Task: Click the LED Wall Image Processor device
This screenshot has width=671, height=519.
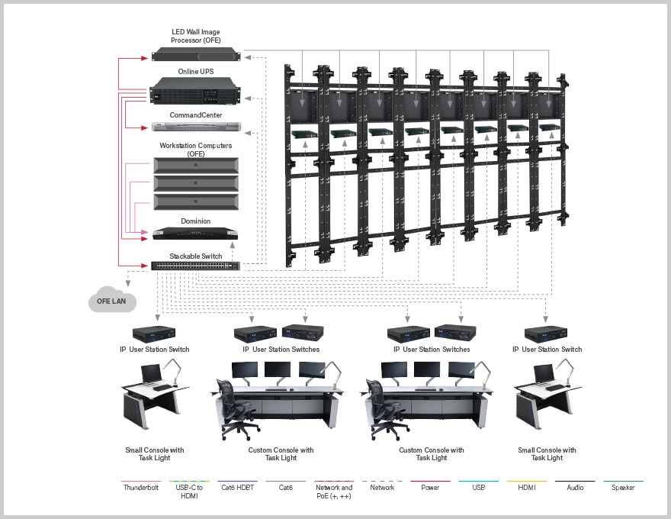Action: coord(196,53)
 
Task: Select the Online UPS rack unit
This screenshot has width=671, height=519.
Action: coord(196,94)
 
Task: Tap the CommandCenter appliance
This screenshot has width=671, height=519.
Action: coord(196,127)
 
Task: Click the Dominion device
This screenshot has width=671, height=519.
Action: coord(196,233)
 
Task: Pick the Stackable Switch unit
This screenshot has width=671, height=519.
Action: coord(196,266)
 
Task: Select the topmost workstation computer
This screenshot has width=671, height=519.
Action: coord(196,165)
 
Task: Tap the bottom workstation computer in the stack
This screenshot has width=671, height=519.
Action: coord(196,202)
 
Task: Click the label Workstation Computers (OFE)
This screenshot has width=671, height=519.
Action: coord(196,149)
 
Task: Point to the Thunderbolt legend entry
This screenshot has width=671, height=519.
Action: coord(141,487)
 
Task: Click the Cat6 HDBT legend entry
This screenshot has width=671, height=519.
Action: coord(237,487)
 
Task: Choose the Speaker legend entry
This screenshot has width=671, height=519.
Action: coord(623,487)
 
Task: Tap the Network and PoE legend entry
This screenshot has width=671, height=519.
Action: coord(334,491)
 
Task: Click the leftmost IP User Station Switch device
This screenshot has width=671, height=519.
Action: coord(155,334)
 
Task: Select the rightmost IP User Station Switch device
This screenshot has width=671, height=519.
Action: coord(547,334)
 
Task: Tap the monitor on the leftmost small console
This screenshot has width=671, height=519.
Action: coord(150,374)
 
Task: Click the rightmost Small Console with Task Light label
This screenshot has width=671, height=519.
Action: coord(547,453)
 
